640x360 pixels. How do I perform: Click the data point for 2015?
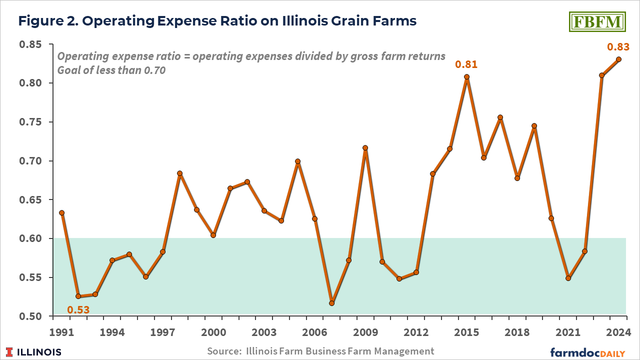[466, 77]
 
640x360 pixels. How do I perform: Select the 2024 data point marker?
[618, 59]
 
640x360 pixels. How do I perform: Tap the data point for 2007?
[331, 303]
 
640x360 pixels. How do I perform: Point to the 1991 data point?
[61, 212]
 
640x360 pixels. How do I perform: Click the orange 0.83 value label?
[617, 47]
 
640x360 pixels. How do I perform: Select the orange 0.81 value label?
[466, 64]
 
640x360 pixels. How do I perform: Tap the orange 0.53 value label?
[78, 310]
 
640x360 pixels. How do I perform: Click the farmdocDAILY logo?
[588, 352]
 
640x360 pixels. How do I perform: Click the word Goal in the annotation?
[69, 70]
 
